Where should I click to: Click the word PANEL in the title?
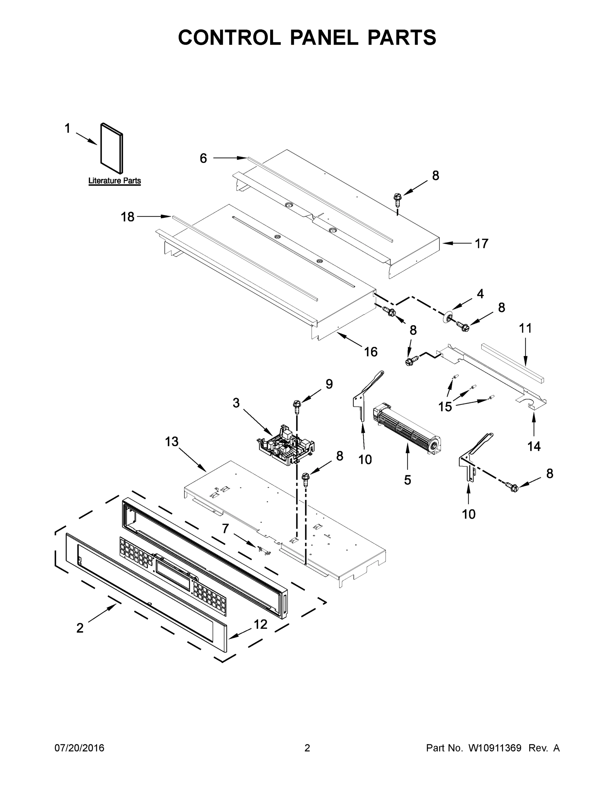[324, 37]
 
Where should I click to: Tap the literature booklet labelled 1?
[112, 148]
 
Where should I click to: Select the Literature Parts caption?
[115, 181]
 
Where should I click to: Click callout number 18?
[128, 217]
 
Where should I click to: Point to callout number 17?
[482, 243]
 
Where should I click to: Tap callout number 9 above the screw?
[329, 384]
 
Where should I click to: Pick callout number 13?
[172, 442]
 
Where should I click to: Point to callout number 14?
[534, 446]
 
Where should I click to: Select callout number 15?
[445, 406]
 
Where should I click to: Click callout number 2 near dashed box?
[80, 628]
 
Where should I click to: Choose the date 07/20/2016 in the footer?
[79, 748]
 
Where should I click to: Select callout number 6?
[203, 158]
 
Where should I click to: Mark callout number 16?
[371, 352]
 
